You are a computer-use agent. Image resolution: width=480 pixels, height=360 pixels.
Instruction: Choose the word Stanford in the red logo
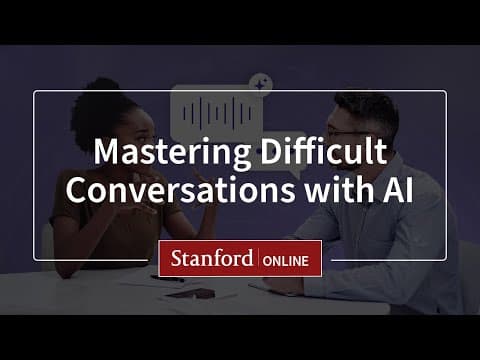210,259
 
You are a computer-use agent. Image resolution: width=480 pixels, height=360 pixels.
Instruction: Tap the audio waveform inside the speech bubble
213,109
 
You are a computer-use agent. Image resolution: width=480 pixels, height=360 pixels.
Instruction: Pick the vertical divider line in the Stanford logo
259,259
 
